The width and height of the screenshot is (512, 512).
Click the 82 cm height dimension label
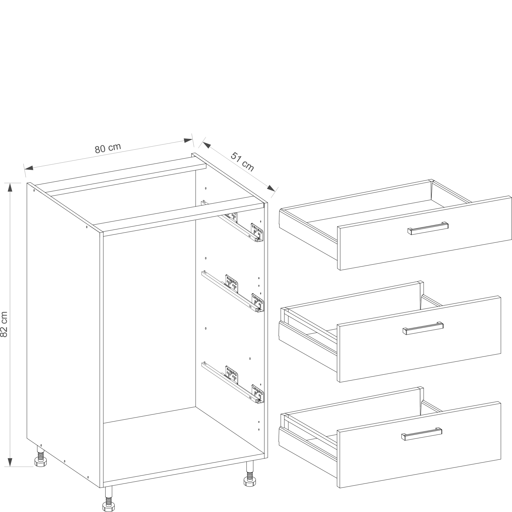pos(4,324)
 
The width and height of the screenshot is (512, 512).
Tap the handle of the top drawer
pos(428,228)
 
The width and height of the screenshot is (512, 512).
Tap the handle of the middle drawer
pos(423,328)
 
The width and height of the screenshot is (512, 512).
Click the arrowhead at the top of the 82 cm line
pos(10,187)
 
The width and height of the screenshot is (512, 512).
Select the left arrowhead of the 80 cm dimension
pos(29,168)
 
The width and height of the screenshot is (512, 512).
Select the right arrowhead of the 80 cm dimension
pos(188,140)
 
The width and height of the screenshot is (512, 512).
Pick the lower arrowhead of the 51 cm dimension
pos(271,188)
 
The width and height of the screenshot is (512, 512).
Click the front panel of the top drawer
pos(424,233)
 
